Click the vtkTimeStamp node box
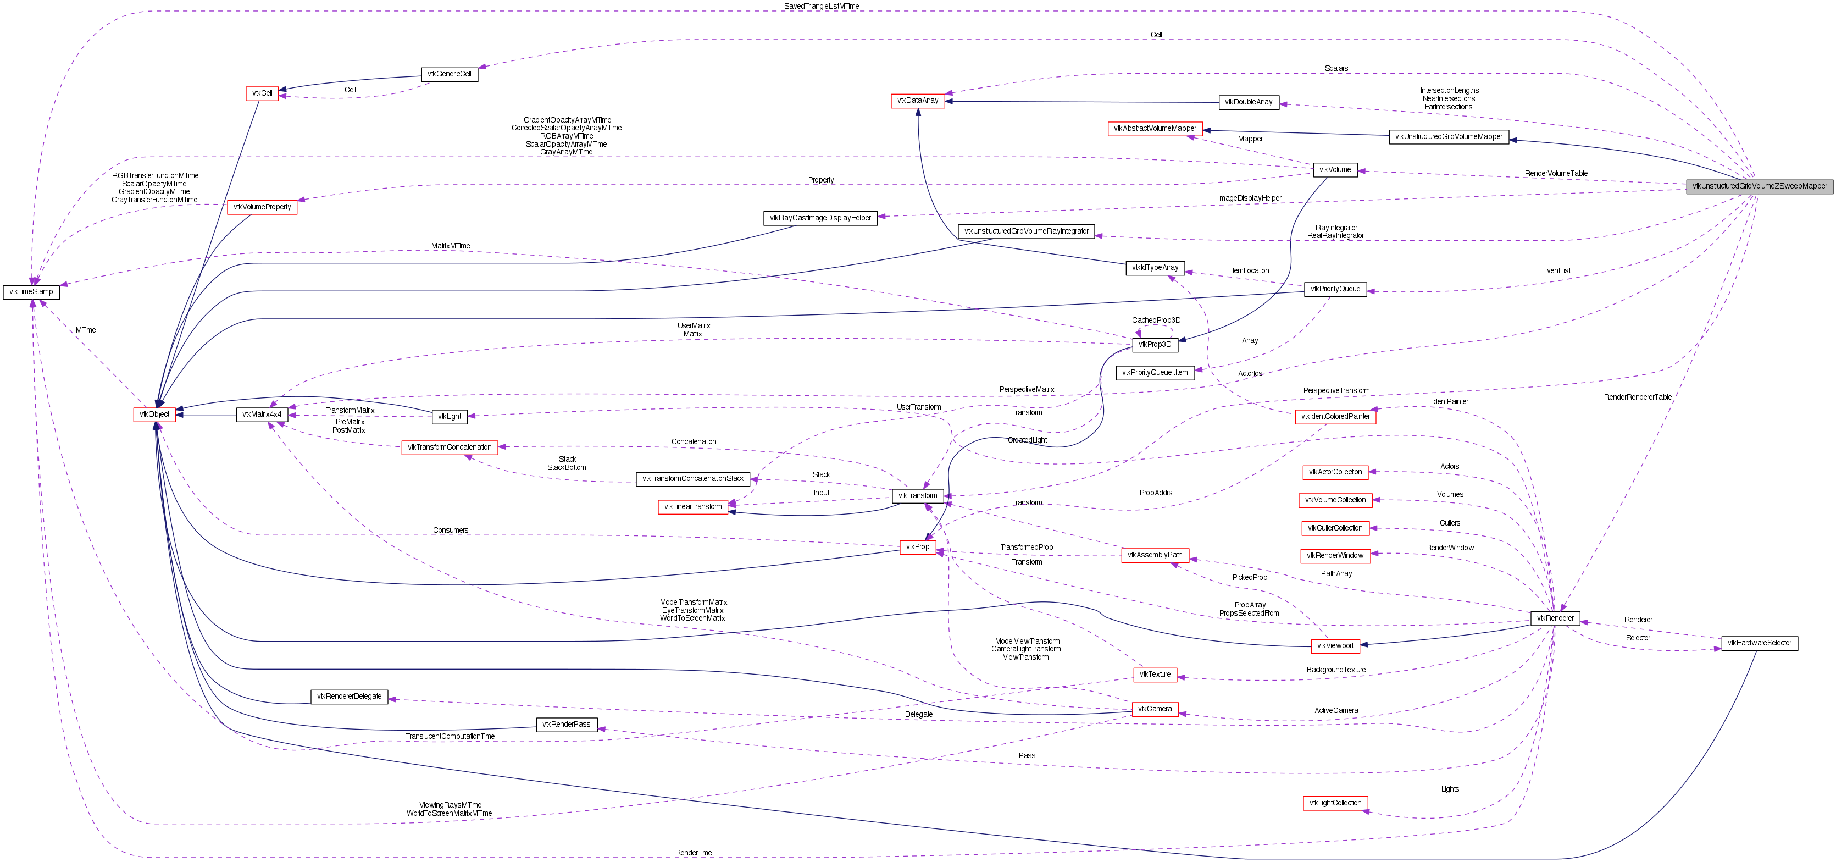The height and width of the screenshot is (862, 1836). (x=31, y=291)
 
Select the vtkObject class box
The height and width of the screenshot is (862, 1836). (x=154, y=415)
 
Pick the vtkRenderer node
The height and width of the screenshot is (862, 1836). (x=1555, y=618)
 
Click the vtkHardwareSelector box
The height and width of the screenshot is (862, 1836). (x=1759, y=643)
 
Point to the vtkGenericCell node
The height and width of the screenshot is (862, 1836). (x=449, y=74)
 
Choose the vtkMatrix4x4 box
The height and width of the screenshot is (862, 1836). (x=262, y=415)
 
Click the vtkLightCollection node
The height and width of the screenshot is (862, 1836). (x=1335, y=803)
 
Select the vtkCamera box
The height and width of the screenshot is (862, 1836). (x=1155, y=709)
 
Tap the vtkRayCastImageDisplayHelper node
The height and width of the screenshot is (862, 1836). (x=820, y=218)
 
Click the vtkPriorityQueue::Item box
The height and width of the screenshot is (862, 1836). (x=1155, y=372)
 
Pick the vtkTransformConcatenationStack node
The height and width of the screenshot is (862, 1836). (x=692, y=478)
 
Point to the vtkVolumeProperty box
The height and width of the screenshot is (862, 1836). (x=262, y=207)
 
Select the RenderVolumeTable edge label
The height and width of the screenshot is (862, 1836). (x=1556, y=173)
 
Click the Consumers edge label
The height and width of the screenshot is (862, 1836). (x=451, y=531)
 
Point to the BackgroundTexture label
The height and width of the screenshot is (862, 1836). (x=1336, y=670)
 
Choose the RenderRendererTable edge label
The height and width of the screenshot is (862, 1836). (x=1637, y=397)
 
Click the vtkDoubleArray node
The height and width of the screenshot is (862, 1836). (x=1249, y=102)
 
